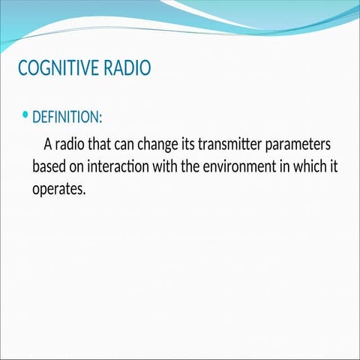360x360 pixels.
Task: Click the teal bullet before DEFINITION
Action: pyautogui.click(x=25, y=115)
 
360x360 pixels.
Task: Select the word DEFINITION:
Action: pyautogui.click(x=67, y=118)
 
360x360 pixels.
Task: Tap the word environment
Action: pyautogui.click(x=229, y=166)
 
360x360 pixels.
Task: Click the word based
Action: pyautogui.click(x=49, y=166)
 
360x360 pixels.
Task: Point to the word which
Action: pyautogui.click(x=303, y=166)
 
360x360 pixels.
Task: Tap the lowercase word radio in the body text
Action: pyautogui.click(x=73, y=143)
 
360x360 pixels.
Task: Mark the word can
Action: pyautogui.click(x=127, y=143)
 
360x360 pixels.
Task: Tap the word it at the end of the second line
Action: pyautogui.click(x=325, y=166)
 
